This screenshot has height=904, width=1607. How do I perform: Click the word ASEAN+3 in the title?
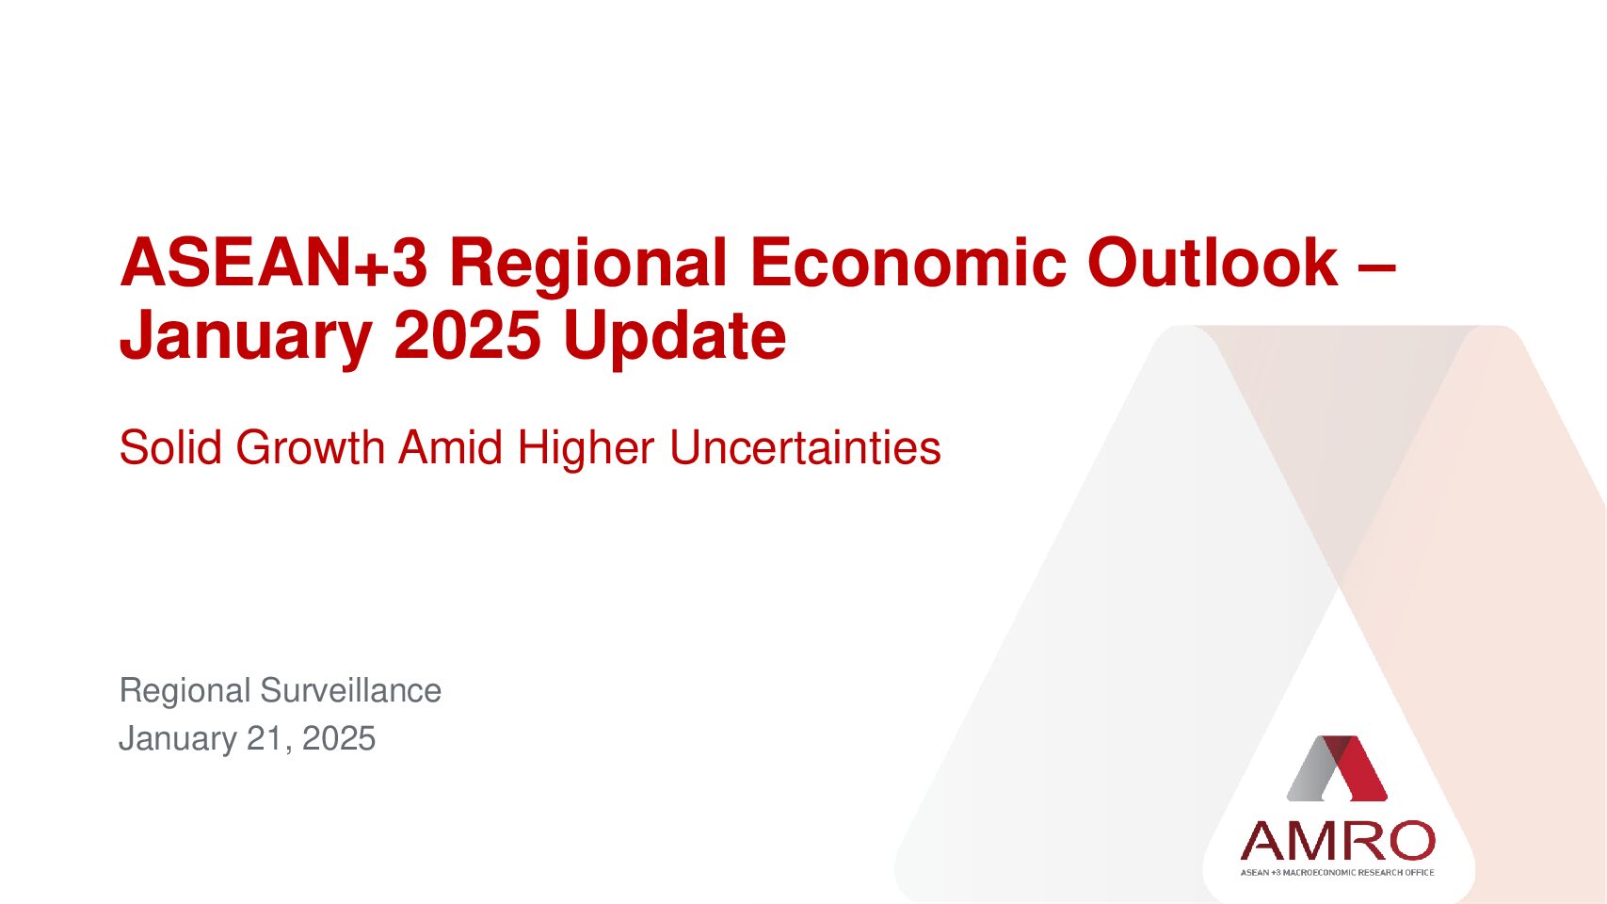click(x=274, y=263)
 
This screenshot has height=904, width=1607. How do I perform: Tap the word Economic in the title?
click(x=908, y=263)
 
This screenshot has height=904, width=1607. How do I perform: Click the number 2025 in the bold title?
click(x=467, y=335)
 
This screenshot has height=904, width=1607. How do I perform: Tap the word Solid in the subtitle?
click(x=170, y=447)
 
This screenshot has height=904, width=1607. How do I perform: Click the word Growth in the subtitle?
click(x=311, y=447)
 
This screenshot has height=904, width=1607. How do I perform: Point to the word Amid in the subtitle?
click(x=451, y=447)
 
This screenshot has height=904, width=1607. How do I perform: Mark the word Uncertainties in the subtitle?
click(x=805, y=447)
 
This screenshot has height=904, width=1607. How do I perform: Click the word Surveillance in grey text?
click(x=351, y=690)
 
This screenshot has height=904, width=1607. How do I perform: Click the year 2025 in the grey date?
click(x=339, y=738)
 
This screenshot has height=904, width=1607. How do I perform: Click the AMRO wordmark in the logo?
click(x=1338, y=840)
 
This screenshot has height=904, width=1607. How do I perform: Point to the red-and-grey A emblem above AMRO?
click(x=1337, y=768)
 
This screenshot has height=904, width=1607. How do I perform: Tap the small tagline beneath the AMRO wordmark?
click(x=1338, y=872)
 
